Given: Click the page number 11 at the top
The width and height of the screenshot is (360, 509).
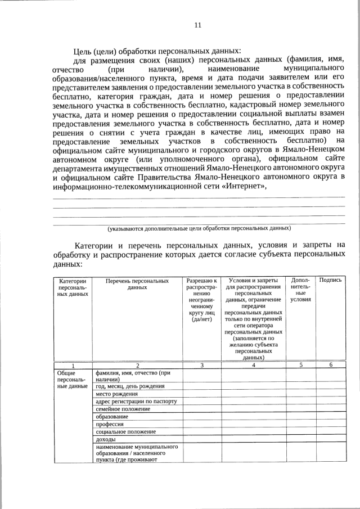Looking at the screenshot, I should [197, 25].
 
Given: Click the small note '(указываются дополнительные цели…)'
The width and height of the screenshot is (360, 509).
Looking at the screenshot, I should [199, 228].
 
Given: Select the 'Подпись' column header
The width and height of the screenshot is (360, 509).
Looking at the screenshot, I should [330, 280].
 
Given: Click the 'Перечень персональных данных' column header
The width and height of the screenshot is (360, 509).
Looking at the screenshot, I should [137, 283].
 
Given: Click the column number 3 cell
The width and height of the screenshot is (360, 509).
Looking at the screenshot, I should [201, 365].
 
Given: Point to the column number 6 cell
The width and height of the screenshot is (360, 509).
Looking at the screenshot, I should [331, 365].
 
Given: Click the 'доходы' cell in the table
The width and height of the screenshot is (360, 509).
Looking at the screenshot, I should [106, 439].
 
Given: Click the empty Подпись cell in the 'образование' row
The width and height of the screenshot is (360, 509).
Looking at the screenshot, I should [331, 417].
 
